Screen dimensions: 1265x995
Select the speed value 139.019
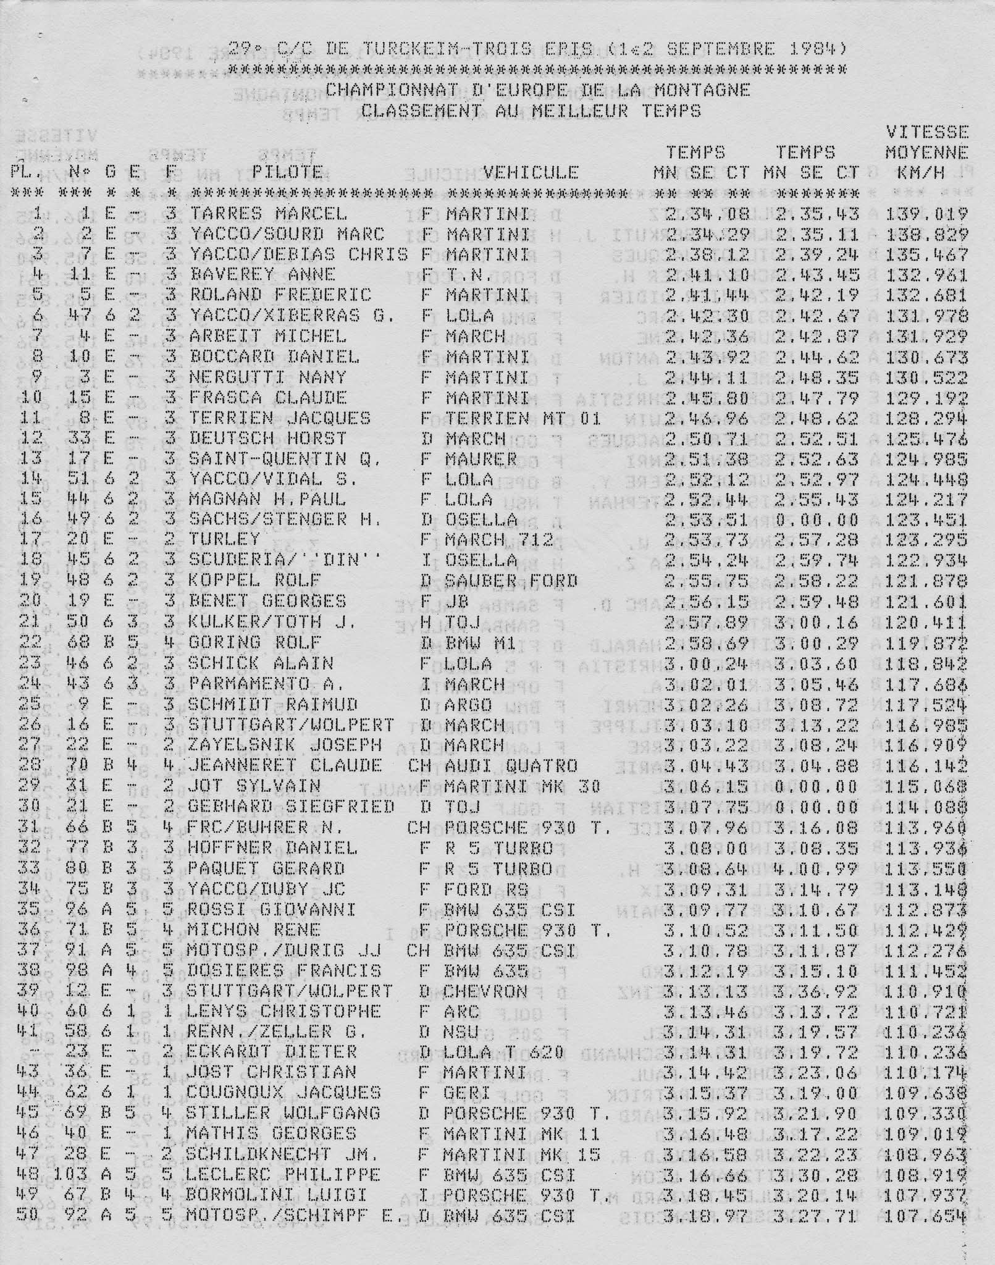(x=926, y=214)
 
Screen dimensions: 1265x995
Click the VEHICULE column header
(x=531, y=172)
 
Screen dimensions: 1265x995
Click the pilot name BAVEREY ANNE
(x=262, y=274)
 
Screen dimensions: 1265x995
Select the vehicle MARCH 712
(x=500, y=540)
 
